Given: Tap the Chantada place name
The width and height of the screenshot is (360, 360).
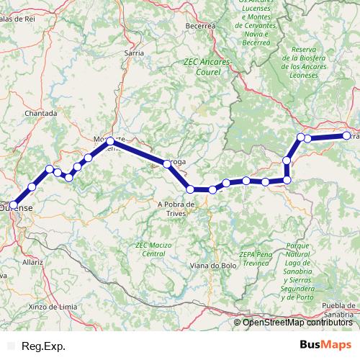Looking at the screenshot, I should click(x=41, y=114).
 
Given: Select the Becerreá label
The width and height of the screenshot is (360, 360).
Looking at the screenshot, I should click(x=201, y=25).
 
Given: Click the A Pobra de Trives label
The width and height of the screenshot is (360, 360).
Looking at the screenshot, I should click(x=176, y=209).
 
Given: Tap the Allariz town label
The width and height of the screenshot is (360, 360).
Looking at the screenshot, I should click(x=32, y=264).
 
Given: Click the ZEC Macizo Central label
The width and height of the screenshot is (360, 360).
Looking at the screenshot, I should click(x=154, y=250).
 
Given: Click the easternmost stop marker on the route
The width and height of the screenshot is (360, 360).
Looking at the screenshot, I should click(x=346, y=135).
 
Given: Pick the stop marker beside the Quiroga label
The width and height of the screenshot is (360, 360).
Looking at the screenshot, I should click(x=168, y=163).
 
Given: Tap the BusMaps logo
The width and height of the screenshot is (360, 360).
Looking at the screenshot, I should click(x=325, y=346).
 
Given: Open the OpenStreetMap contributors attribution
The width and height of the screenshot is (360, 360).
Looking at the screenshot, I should click(x=297, y=323).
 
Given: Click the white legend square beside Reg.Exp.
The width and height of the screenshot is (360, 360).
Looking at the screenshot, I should click(x=11, y=346).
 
